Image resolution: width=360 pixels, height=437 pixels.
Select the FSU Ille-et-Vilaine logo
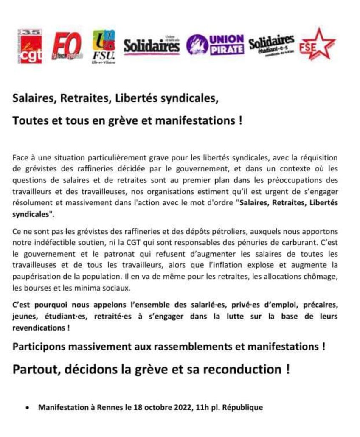point(104,46)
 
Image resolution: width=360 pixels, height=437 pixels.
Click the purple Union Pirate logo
point(216,44)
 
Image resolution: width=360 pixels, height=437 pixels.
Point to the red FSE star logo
point(317,45)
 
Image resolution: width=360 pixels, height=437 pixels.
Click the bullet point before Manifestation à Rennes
point(28,408)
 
